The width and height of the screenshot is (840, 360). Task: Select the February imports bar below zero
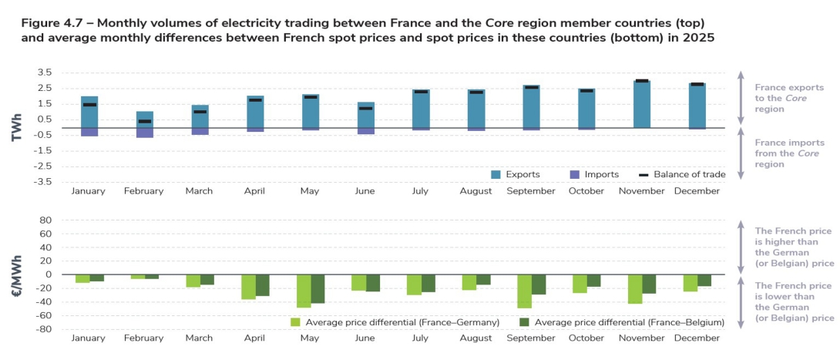145,133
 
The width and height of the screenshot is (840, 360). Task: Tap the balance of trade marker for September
531,87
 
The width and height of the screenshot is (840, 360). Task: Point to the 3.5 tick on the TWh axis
44,72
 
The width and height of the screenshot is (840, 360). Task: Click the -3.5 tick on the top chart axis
42,182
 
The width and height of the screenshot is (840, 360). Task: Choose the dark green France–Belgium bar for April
264,285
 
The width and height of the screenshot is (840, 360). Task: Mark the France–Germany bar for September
524,291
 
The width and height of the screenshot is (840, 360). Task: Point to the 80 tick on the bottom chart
45,220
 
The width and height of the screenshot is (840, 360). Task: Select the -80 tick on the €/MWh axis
44,329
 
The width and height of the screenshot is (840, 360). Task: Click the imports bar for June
366,131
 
